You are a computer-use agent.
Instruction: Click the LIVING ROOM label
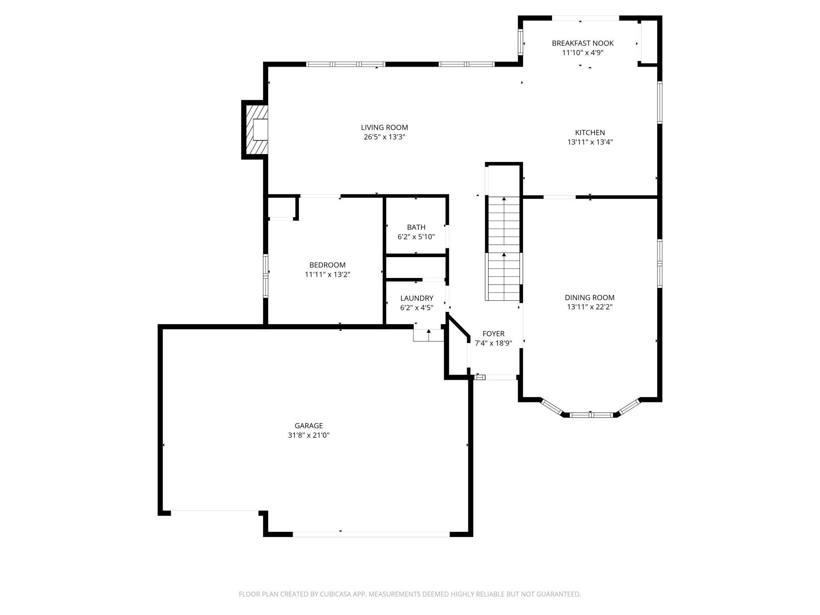(384, 127)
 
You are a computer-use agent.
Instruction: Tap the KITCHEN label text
(590, 132)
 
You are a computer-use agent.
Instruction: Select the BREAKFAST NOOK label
(583, 43)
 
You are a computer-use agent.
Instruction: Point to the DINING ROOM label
(589, 298)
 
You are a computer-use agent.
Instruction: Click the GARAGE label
(309, 426)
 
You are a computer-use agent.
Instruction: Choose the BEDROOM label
(327, 265)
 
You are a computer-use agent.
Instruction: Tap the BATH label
(416, 227)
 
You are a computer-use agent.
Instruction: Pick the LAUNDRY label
(417, 298)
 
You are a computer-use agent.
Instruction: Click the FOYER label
(493, 334)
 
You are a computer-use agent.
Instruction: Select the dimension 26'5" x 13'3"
(384, 137)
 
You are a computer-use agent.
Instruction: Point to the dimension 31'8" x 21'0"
(309, 435)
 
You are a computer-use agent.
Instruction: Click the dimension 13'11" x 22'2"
(589, 307)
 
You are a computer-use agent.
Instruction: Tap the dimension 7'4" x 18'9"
(493, 343)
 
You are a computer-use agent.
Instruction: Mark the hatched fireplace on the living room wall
(255, 130)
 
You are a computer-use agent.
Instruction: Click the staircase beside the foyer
(504, 248)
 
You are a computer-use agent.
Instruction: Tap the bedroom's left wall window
(266, 276)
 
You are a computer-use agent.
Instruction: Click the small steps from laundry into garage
(429, 335)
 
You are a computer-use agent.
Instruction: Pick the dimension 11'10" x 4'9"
(583, 52)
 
